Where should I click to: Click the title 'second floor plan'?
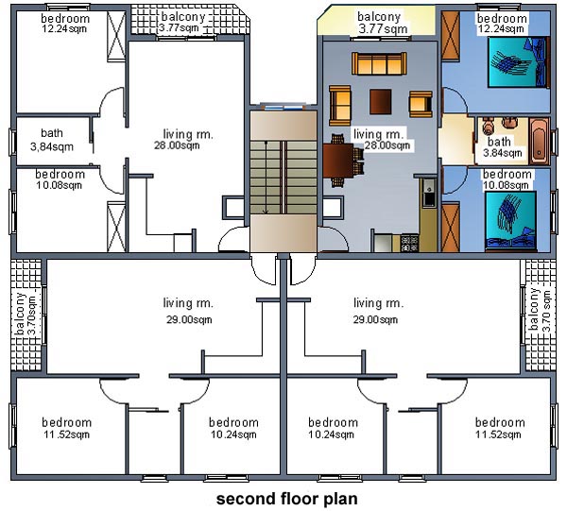[286, 499]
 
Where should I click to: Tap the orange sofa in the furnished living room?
[379, 63]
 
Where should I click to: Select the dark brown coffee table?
[381, 102]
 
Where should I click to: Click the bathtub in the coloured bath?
[540, 141]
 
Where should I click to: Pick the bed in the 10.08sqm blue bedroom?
[510, 221]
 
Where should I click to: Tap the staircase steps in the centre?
[283, 178]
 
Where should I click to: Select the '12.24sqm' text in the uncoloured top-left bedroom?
[64, 28]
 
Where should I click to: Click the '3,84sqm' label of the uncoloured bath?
[52, 146]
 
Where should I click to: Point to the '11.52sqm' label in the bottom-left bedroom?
[66, 434]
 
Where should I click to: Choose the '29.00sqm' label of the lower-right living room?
[375, 319]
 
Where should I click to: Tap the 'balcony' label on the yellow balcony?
[379, 17]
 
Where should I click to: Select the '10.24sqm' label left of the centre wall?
[233, 434]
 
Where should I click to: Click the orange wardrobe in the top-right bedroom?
[451, 35]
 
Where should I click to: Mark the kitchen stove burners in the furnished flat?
[409, 243]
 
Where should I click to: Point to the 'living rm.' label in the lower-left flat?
[188, 303]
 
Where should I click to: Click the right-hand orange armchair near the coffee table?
[421, 104]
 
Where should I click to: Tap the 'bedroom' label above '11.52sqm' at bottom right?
[500, 422]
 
